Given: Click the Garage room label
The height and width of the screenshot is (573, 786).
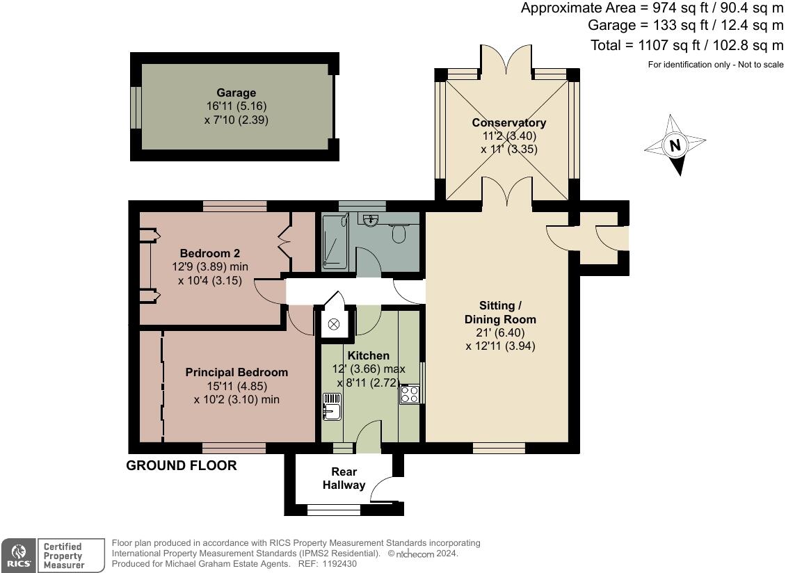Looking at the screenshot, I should (x=236, y=92).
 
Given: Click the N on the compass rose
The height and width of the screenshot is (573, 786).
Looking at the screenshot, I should (x=674, y=145).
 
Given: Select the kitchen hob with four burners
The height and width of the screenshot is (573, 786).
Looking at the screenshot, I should (x=409, y=394).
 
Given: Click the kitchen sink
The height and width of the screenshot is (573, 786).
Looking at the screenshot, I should (x=332, y=406).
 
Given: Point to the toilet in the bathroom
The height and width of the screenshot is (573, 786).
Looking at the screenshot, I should (x=399, y=233).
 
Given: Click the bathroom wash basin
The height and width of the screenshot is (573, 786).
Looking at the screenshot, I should (x=371, y=220).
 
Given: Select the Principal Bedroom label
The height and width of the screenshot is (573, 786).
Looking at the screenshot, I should (x=236, y=372).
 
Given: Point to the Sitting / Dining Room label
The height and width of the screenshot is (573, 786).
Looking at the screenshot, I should (x=500, y=312).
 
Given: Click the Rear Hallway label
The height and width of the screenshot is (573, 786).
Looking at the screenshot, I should (x=344, y=478).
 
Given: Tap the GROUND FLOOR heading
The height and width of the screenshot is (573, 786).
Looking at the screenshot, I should (x=181, y=465).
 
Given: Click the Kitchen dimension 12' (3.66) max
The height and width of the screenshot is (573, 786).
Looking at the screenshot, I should (x=370, y=369).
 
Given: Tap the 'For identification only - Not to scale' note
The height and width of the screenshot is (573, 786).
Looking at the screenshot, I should (x=715, y=65).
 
